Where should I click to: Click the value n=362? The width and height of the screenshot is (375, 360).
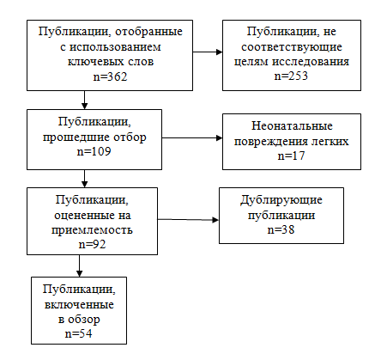pyautogui.click(x=110, y=76)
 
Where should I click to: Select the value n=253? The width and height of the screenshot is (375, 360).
pyautogui.click(x=291, y=76)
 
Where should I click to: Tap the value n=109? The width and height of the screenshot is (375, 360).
pyautogui.click(x=94, y=151)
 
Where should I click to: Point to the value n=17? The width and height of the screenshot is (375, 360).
pyautogui.click(x=291, y=156)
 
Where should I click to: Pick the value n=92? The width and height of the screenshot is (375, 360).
pyautogui.click(x=92, y=244)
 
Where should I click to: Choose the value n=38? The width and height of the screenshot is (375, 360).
pyautogui.click(x=281, y=229)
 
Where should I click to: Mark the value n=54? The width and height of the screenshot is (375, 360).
pyautogui.click(x=79, y=333)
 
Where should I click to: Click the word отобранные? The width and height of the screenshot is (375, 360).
pyautogui.click(x=148, y=31)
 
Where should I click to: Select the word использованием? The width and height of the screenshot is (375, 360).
pyautogui.click(x=115, y=46)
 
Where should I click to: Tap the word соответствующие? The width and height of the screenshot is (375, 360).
pyautogui.click(x=292, y=46)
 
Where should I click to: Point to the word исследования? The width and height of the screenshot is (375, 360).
pyautogui.click(x=311, y=62)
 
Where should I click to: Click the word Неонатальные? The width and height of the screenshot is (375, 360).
pyautogui.click(x=292, y=126)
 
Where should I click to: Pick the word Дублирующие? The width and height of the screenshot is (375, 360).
pyautogui.click(x=281, y=200)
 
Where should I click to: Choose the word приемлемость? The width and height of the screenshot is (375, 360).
pyautogui.click(x=92, y=230)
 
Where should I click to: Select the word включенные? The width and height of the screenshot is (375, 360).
pyautogui.click(x=79, y=305)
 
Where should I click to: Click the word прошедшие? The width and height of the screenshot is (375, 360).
pyautogui.click(x=76, y=137)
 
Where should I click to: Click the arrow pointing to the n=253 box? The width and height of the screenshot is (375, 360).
pyautogui.click(x=208, y=52)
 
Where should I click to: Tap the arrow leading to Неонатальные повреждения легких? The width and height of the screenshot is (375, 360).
pyautogui.click(x=192, y=138)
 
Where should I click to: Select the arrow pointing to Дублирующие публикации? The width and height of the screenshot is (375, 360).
pyautogui.click(x=188, y=220)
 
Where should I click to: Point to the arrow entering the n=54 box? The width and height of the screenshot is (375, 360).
pyautogui.click(x=80, y=265)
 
